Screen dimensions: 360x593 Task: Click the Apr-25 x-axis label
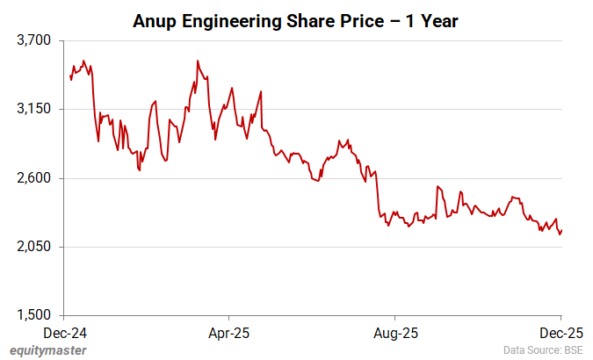[228, 334]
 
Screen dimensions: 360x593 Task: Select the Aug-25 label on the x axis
[394, 334]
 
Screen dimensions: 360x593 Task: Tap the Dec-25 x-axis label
[560, 334]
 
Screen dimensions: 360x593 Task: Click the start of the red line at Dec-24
[70, 76]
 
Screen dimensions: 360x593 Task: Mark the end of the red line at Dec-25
[561, 230]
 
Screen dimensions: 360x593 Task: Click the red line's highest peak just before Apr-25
[198, 61]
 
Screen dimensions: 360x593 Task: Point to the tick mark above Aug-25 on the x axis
[394, 318]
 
